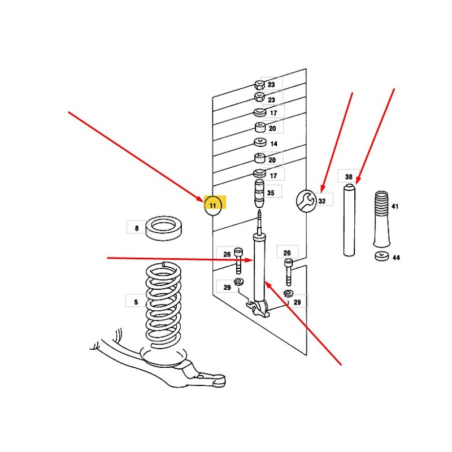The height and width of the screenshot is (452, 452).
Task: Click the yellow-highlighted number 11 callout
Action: (213, 205)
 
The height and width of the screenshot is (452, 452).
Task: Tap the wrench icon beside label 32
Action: (306, 201)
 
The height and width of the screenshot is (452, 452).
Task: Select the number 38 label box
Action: (349, 176)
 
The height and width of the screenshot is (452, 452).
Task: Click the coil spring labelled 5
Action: (163, 306)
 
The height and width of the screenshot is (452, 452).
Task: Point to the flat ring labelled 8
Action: (163, 228)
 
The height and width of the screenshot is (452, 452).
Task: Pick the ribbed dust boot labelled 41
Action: (381, 219)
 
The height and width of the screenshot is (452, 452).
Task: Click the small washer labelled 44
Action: (382, 256)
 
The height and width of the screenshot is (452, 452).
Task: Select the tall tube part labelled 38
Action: (349, 220)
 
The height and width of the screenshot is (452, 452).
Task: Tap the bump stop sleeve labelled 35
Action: (259, 193)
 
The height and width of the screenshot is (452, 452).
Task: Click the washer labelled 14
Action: (260, 142)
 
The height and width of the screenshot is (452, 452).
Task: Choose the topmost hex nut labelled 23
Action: (259, 84)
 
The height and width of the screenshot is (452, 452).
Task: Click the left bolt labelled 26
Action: (238, 260)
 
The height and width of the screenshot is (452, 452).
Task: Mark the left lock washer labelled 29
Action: (238, 281)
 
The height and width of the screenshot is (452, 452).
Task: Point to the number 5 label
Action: (136, 302)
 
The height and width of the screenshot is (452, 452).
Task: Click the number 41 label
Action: (394, 206)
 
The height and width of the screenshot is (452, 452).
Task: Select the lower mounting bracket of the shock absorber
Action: (258, 308)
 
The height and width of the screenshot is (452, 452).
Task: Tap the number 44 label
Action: (396, 258)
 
